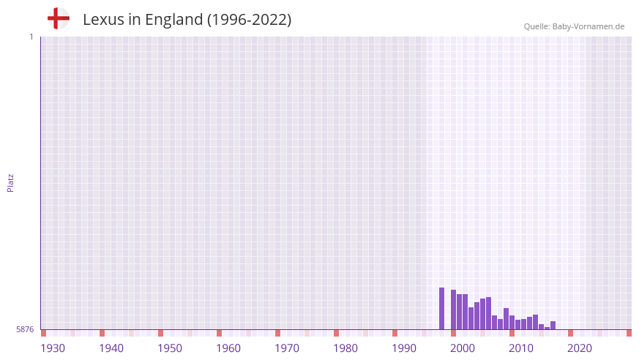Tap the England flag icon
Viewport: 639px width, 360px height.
[x=59, y=18]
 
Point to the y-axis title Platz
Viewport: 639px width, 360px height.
[x=10, y=182]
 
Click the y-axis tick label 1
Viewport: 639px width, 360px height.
[x=31, y=37]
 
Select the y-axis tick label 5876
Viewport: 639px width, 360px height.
[x=25, y=329]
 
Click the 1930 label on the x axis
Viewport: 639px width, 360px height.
[x=53, y=348]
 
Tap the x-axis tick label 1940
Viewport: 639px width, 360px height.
[x=111, y=348]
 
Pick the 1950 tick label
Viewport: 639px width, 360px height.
[x=170, y=348]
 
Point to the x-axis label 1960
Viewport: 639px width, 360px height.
[x=228, y=348]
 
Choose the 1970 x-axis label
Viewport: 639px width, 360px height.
[x=287, y=348]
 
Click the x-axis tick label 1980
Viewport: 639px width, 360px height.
[x=345, y=348]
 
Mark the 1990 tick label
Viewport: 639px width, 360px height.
[x=404, y=348]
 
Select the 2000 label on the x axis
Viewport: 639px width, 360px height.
[x=463, y=348]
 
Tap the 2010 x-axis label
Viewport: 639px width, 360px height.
[x=521, y=348]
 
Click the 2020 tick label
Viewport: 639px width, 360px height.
[x=580, y=348]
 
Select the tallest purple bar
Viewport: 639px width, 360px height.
[x=442, y=308]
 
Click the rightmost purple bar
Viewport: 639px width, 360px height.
[x=553, y=326]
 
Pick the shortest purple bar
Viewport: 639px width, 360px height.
[x=548, y=328]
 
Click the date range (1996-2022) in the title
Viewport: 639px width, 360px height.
[x=249, y=20]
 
